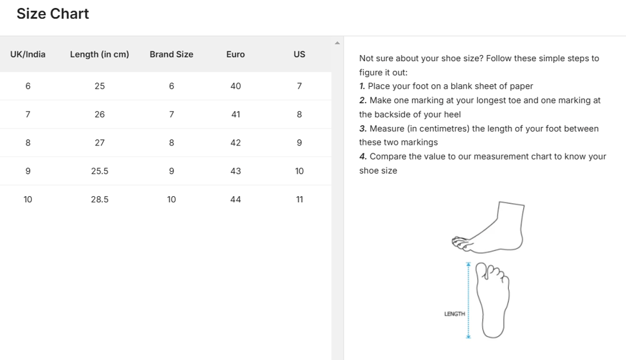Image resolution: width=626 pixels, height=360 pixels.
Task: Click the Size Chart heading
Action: coord(53,14)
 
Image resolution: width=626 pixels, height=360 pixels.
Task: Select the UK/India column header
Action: coord(28,54)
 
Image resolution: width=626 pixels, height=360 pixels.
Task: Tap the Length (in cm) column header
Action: coord(100,54)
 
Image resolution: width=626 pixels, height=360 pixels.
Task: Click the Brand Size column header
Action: coord(171,54)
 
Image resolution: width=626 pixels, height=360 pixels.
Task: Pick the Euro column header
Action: coord(235,54)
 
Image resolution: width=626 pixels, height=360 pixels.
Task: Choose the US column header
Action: coord(299,54)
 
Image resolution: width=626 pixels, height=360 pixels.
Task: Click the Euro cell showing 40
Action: coord(235,86)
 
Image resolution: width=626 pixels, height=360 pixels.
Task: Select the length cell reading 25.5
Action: coord(100,171)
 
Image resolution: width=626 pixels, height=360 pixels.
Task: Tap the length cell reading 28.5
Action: coord(100,199)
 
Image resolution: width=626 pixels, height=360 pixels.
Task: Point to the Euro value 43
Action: coord(235,171)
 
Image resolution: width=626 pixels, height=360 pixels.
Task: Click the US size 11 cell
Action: coord(299,199)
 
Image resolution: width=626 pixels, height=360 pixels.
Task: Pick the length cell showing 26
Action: coord(100,114)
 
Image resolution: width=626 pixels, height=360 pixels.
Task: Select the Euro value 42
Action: coord(235,142)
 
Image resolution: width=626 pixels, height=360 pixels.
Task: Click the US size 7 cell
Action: coord(299,86)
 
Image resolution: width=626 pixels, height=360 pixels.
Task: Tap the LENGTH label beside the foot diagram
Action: coord(454,314)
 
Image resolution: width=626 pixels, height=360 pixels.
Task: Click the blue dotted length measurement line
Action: coord(468,300)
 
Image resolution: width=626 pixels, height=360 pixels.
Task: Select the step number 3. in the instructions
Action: coord(363,129)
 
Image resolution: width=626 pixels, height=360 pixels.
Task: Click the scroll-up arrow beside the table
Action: coord(337,43)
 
